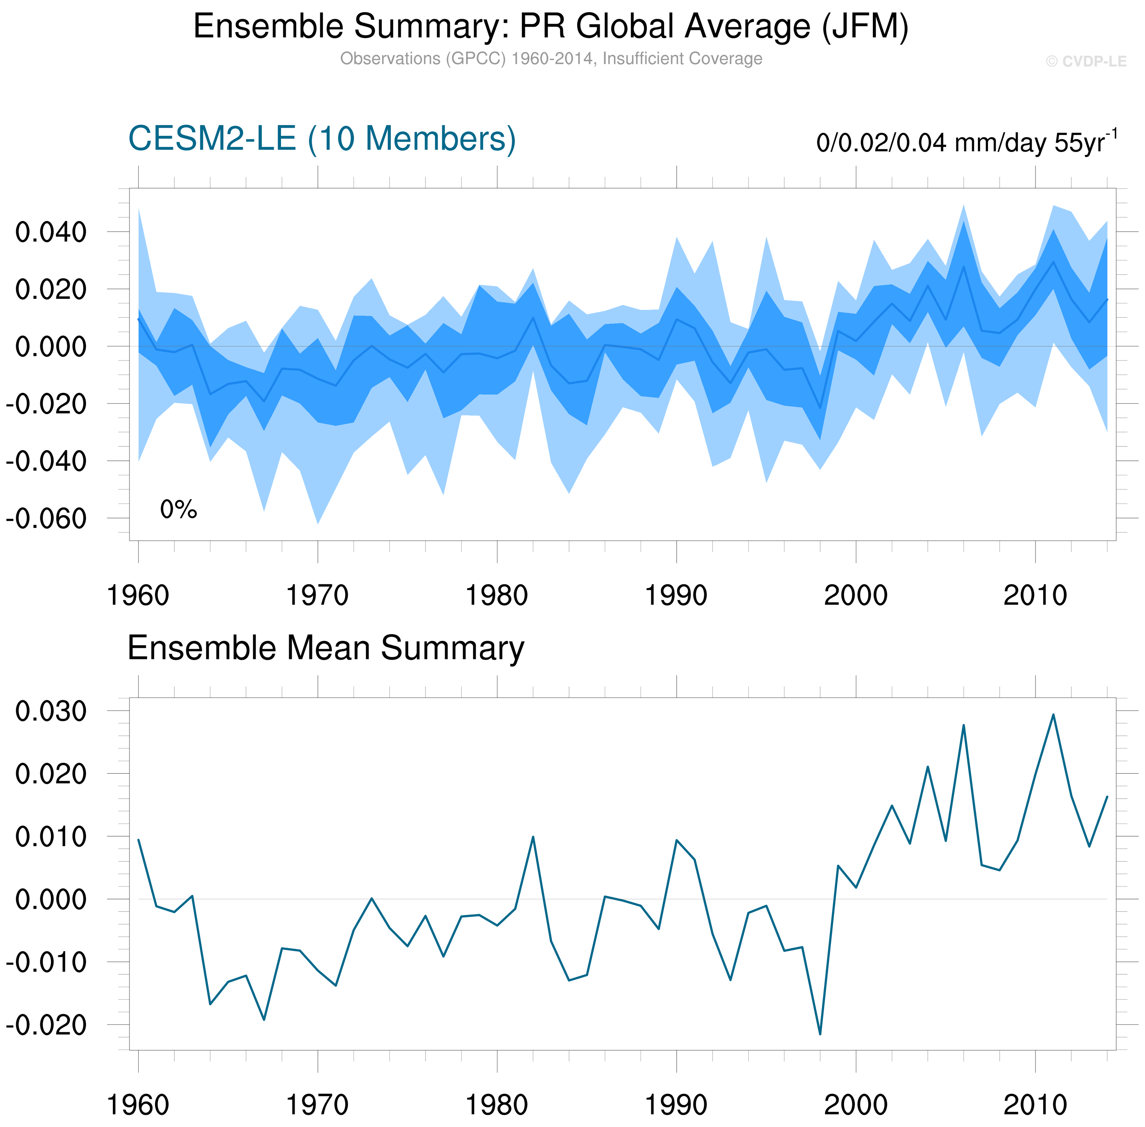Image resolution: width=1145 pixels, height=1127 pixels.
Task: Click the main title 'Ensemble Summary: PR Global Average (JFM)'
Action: [x=550, y=27]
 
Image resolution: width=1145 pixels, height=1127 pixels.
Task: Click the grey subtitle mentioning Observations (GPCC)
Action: [x=550, y=59]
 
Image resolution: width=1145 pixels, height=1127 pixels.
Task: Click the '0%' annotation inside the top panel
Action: [x=178, y=509]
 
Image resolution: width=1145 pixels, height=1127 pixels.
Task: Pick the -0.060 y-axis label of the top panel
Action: [x=46, y=519]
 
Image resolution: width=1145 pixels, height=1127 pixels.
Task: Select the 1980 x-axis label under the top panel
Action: [x=496, y=595]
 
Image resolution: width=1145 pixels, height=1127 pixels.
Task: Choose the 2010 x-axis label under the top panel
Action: [x=1035, y=595]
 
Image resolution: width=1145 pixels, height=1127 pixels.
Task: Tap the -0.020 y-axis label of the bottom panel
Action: [x=46, y=1024]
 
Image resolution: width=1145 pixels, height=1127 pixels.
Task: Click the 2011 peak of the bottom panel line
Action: [x=1053, y=715]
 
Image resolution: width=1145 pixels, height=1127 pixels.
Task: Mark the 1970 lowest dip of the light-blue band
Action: [x=318, y=523]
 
